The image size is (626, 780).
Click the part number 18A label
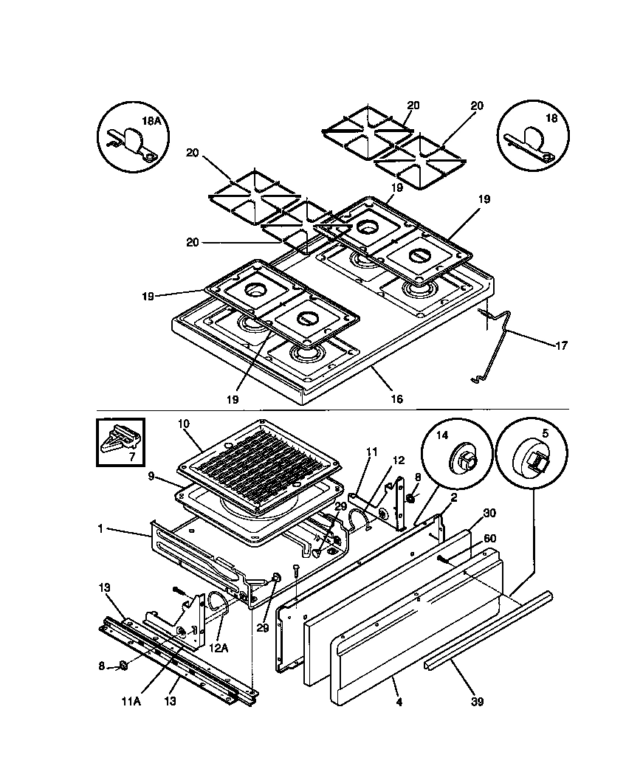pyautogui.click(x=151, y=120)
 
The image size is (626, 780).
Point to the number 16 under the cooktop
pyautogui.click(x=396, y=398)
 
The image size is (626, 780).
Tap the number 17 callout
pyautogui.click(x=562, y=344)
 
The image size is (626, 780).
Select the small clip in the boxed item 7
pyautogui.click(x=120, y=441)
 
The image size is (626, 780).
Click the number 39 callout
pyautogui.click(x=477, y=702)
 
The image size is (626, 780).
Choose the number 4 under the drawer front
pyautogui.click(x=399, y=702)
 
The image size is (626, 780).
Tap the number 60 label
pyautogui.click(x=489, y=539)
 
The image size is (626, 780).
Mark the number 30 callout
pyautogui.click(x=489, y=514)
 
